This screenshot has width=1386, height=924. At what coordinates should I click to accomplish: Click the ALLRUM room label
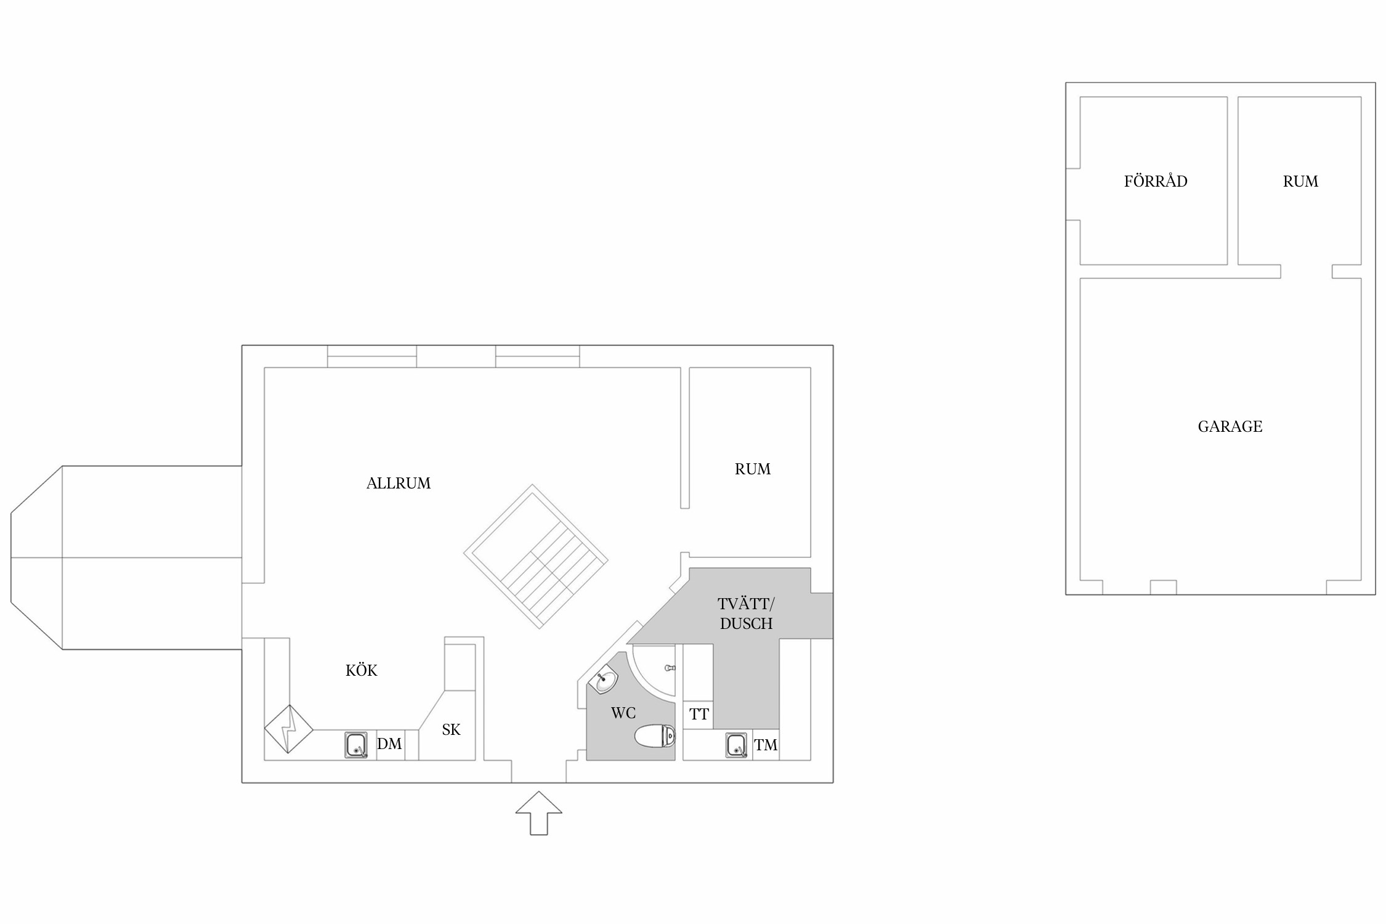tap(399, 484)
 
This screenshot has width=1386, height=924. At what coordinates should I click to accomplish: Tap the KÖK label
tap(362, 670)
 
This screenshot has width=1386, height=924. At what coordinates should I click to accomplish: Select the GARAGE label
tap(1230, 426)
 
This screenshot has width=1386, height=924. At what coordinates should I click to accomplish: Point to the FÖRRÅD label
tap(1156, 180)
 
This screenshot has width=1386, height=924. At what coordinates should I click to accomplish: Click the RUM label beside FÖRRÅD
tap(1300, 181)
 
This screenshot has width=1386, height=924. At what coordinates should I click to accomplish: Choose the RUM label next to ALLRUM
tap(753, 469)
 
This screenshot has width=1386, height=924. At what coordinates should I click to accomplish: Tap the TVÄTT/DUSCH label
tap(746, 614)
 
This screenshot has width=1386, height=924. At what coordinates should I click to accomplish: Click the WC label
tap(623, 713)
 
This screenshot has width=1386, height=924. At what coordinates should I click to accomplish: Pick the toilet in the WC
tap(655, 736)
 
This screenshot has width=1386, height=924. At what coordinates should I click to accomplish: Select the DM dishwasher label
tap(389, 744)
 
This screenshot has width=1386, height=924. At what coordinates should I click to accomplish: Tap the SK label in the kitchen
tap(451, 730)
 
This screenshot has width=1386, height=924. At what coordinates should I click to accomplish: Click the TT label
tap(699, 715)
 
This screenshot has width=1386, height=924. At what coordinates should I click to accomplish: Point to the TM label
tap(766, 745)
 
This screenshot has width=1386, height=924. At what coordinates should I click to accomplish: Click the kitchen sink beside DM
tap(356, 745)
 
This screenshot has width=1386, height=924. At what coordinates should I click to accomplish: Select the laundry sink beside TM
tap(736, 745)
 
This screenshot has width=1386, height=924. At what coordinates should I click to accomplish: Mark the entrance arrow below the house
tap(539, 813)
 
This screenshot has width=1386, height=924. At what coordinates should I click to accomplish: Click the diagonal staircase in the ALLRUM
tap(536, 557)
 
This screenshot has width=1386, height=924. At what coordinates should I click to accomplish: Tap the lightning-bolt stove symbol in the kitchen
tap(289, 729)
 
